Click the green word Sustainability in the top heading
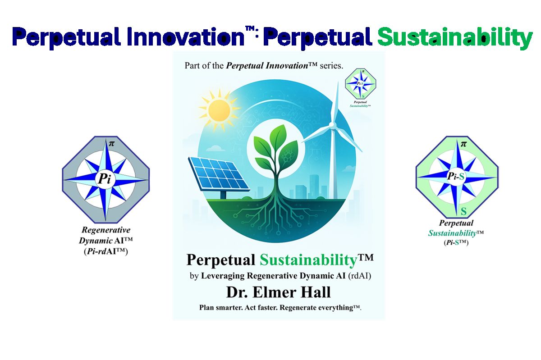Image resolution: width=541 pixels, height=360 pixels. pyautogui.click(x=455, y=37)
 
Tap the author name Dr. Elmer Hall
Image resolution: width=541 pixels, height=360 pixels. pyautogui.click(x=278, y=292)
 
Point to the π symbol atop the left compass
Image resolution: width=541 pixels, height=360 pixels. pyautogui.click(x=106, y=144)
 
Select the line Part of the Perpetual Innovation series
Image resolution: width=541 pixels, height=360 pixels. pyautogui.click(x=264, y=65)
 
